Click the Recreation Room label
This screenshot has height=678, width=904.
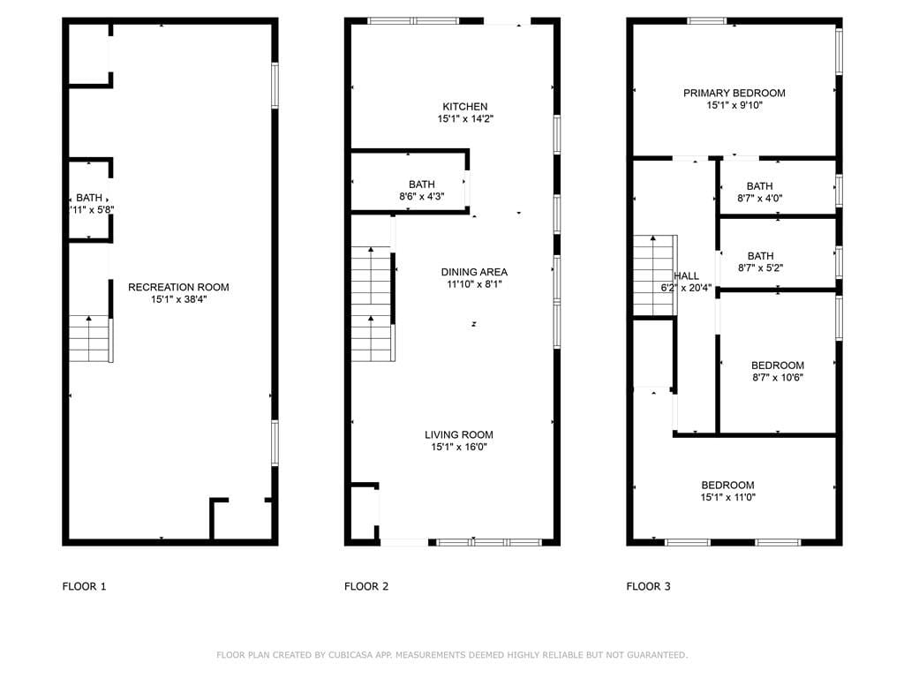coord(178,287)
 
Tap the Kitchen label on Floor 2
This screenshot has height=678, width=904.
coord(464,107)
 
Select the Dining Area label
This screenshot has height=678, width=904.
coord(474,272)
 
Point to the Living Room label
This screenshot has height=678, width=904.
coord(459,434)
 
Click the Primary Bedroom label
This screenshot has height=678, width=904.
coord(734,93)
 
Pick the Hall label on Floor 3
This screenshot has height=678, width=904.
coord(686,275)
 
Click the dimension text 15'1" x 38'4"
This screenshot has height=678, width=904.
coord(178,299)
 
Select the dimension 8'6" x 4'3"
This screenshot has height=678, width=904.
coord(421,197)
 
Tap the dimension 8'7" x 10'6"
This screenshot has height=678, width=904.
coord(777,378)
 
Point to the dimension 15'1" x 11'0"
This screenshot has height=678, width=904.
coord(727,498)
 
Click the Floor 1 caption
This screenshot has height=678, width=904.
coord(84,586)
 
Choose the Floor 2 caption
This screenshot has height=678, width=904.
coord(366,586)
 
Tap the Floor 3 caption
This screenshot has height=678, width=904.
coord(648,586)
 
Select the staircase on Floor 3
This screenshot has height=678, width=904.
coord(655,275)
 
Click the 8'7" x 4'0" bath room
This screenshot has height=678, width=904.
coord(778,187)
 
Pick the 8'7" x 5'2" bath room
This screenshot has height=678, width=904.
coord(778,253)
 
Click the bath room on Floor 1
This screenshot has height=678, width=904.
coord(89,199)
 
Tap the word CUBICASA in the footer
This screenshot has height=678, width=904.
coord(350,655)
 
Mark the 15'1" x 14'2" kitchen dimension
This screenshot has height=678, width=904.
coord(465,119)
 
